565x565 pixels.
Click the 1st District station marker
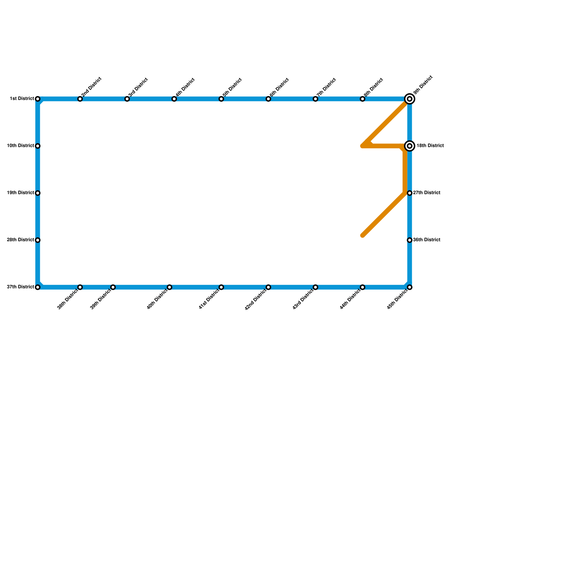38,99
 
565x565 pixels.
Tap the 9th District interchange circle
410,99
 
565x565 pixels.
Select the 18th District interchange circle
410,146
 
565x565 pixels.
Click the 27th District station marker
410,193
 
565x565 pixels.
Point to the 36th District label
427,240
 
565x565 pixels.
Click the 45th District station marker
410,287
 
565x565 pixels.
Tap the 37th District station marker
38,287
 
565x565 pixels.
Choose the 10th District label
20,146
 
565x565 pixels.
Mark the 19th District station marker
38,193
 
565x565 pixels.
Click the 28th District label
20,240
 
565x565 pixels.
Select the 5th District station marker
221,99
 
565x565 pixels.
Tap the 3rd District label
138,87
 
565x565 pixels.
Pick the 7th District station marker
315,99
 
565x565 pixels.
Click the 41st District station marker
221,287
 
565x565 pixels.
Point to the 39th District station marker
113,287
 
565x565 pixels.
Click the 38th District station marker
80,287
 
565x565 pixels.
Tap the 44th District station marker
363,287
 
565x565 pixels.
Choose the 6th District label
279,87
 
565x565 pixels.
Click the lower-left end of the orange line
363,236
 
